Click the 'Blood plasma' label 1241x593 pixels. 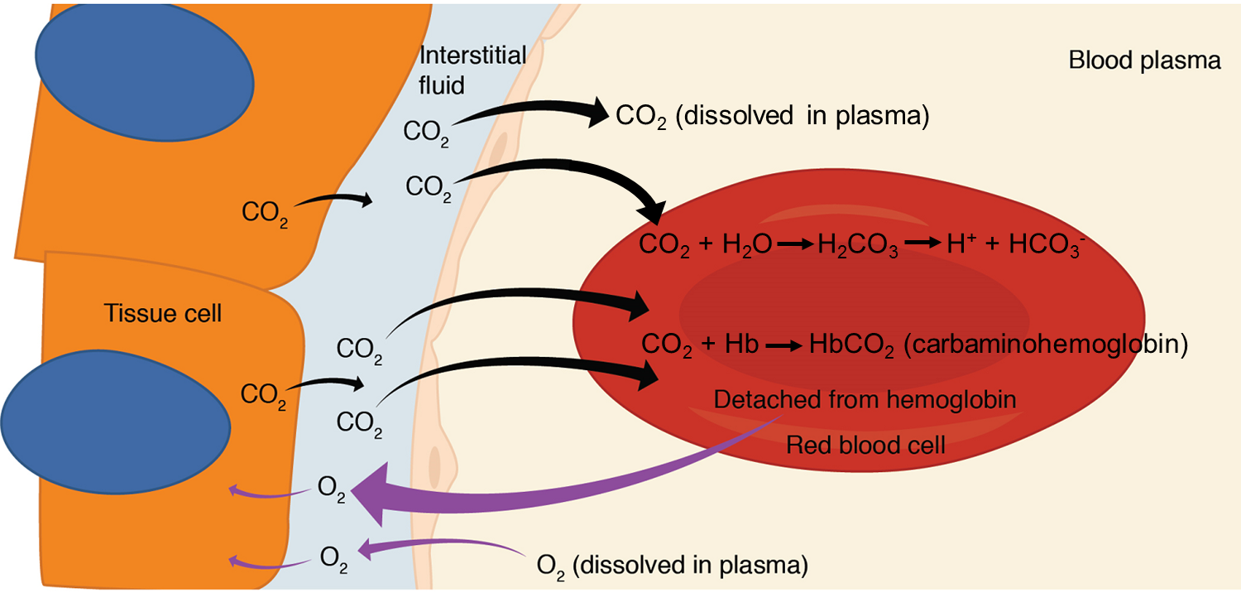click(1145, 60)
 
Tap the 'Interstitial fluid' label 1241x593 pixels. click(472, 70)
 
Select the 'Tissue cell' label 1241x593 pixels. click(163, 314)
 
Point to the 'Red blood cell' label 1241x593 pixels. click(865, 446)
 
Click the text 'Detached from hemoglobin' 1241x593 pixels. click(865, 400)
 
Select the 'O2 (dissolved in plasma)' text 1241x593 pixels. click(672, 566)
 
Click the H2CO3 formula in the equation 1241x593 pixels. click(858, 247)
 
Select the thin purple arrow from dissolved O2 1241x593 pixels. click(438, 544)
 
